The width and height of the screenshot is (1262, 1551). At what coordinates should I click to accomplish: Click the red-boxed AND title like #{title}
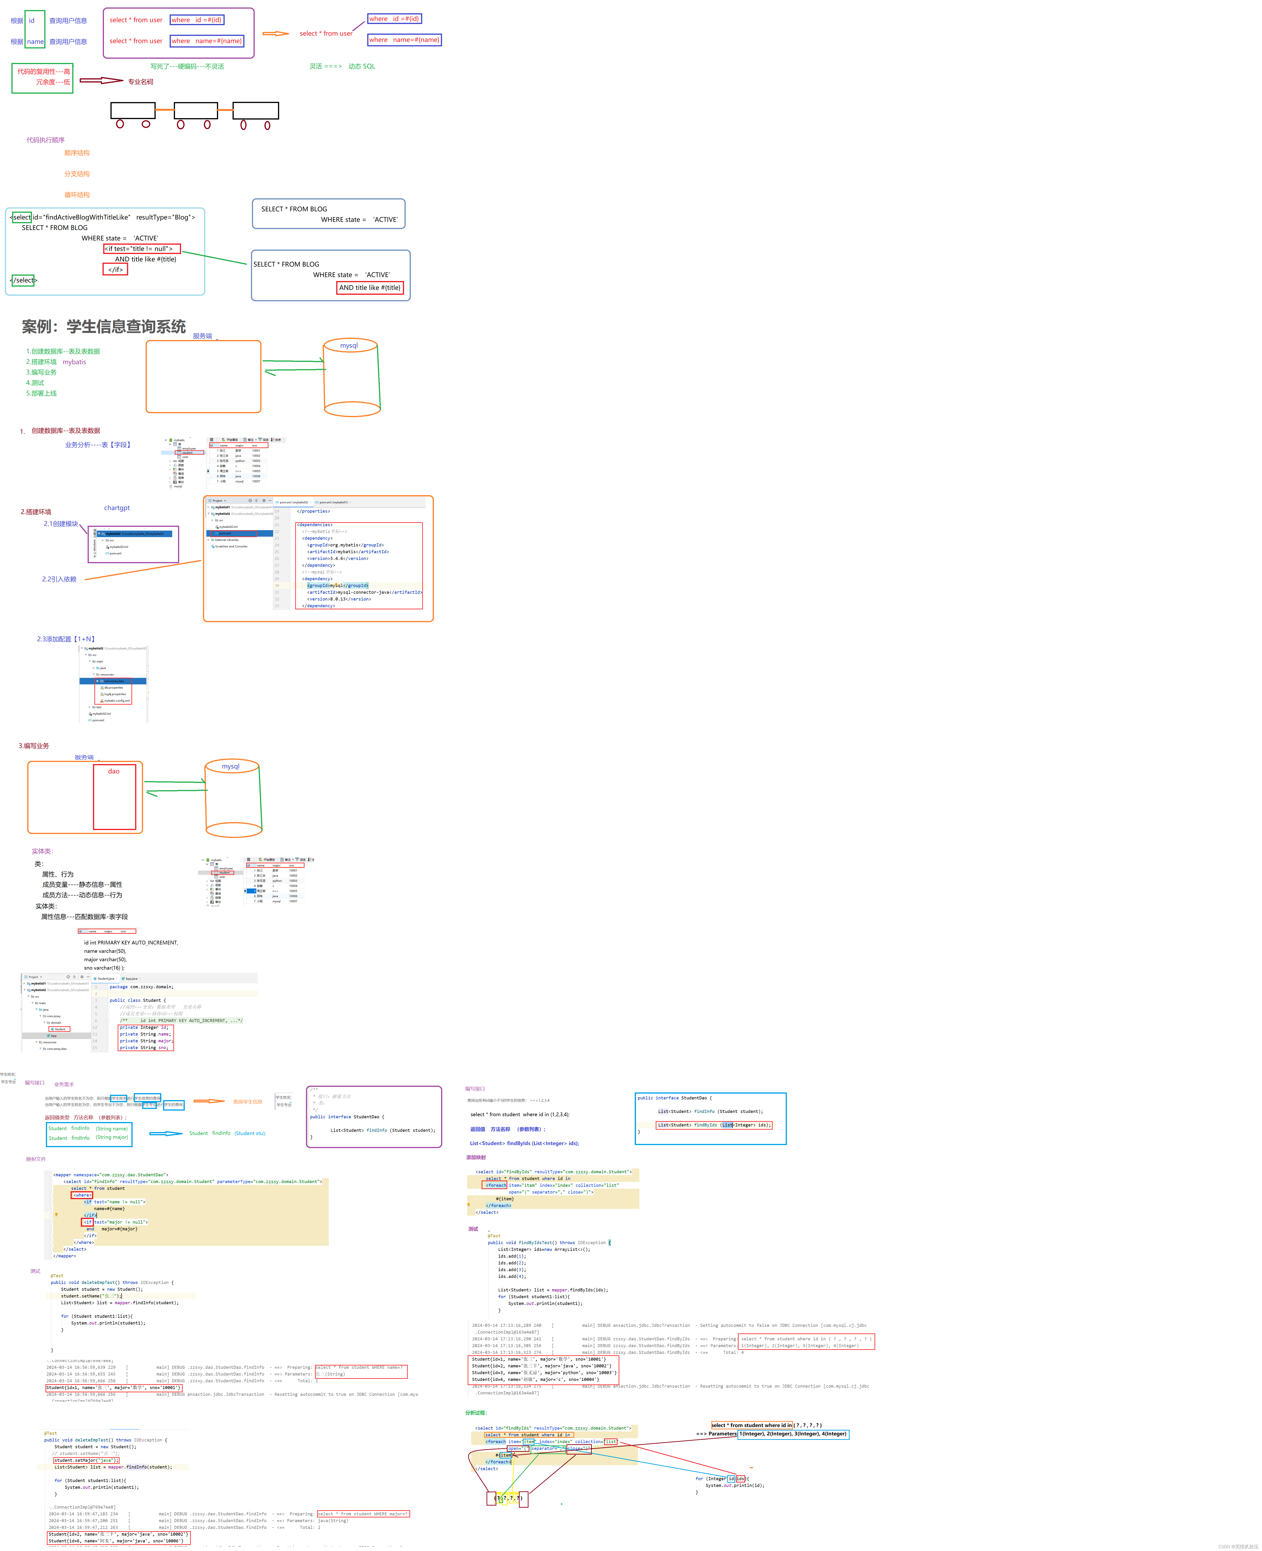[369, 288]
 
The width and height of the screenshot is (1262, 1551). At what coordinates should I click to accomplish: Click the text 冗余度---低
[53, 82]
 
